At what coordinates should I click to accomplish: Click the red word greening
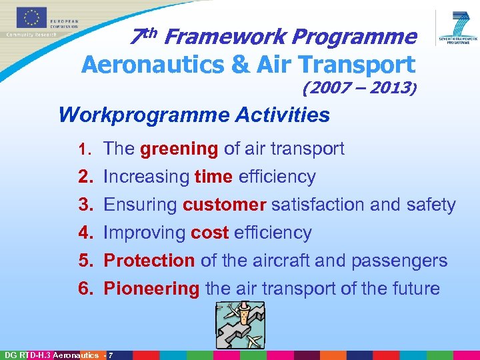pyautogui.click(x=179, y=149)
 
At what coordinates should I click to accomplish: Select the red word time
pyautogui.click(x=213, y=177)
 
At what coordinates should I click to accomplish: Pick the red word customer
pyautogui.click(x=224, y=205)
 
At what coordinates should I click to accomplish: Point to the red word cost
pyautogui.click(x=209, y=233)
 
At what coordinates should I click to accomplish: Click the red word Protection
pyautogui.click(x=149, y=261)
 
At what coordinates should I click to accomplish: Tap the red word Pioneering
pyautogui.click(x=151, y=289)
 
